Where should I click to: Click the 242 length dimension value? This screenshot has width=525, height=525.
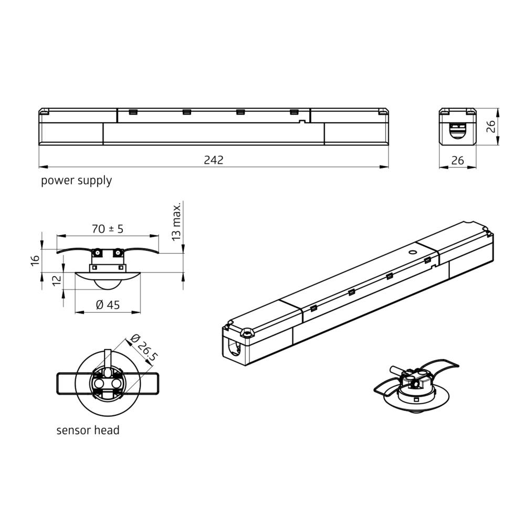pyautogui.click(x=214, y=160)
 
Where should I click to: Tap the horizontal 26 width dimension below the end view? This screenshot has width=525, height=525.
pyautogui.click(x=458, y=161)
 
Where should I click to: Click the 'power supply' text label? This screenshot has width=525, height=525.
pyautogui.click(x=77, y=181)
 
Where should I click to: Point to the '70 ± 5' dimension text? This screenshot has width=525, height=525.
pyautogui.click(x=107, y=229)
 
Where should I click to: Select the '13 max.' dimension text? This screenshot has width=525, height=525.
pyautogui.click(x=177, y=221)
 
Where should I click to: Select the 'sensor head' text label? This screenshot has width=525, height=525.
pyautogui.click(x=88, y=430)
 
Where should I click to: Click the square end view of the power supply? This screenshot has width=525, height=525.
pyautogui.click(x=458, y=126)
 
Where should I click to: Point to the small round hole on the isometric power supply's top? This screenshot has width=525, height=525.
pyautogui.click(x=413, y=252)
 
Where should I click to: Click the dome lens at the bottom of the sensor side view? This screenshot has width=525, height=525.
pyautogui.click(x=108, y=284)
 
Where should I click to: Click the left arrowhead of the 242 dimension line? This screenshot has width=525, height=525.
pyautogui.click(x=43, y=167)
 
